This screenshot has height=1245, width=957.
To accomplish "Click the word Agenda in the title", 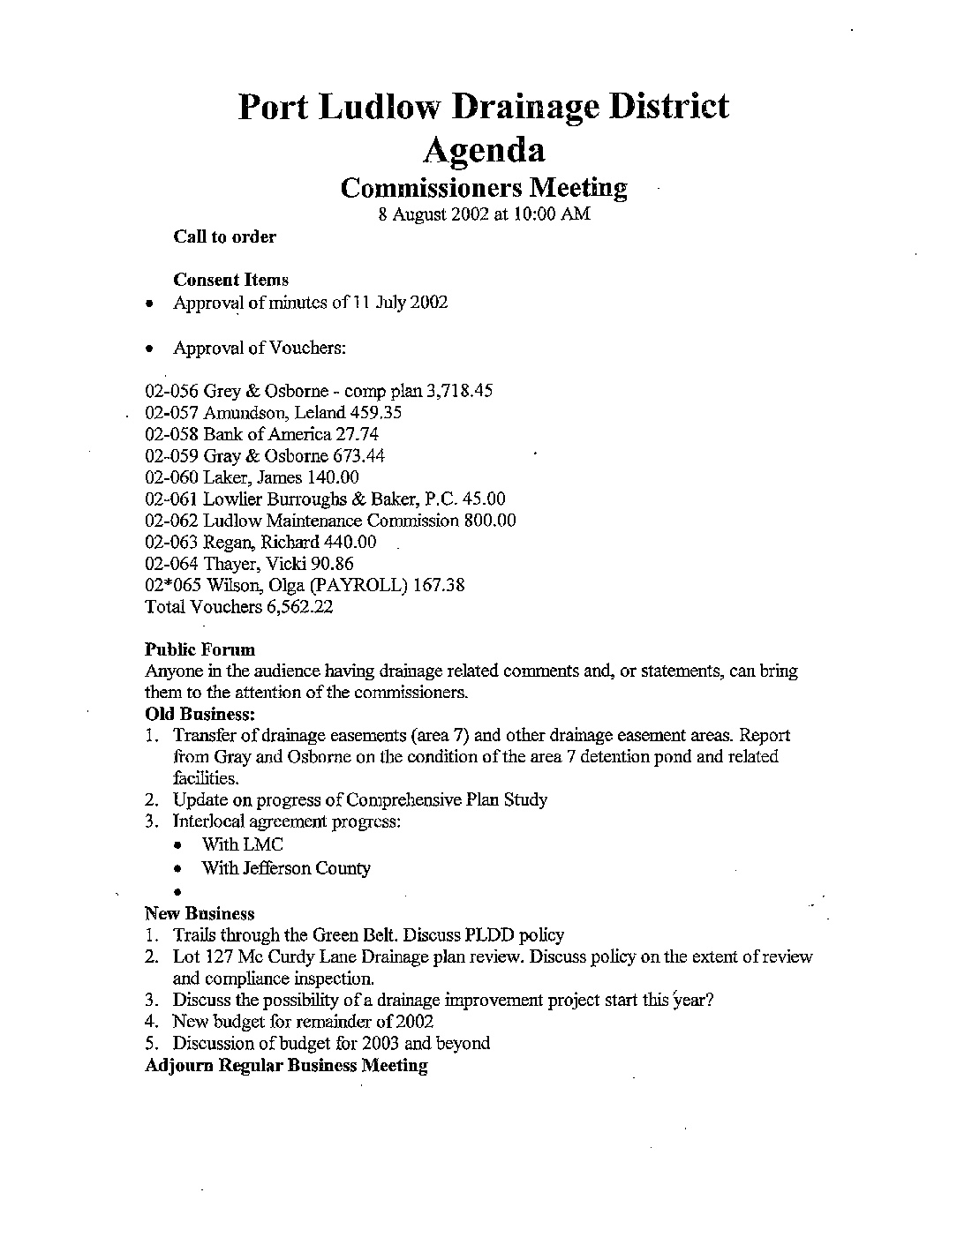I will pos(484,150).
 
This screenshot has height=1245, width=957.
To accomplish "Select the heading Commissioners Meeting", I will pos(484,187).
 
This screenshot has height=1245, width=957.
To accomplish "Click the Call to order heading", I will pos(224,236).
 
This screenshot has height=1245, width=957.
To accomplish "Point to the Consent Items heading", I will pos(231,280).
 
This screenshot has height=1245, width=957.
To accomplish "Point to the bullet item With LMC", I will pos(242,845).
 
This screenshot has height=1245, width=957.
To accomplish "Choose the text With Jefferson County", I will pos(286,868).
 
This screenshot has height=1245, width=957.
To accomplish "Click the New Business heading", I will pos(199,914).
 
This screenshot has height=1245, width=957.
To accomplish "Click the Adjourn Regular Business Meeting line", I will pos(286,1065).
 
